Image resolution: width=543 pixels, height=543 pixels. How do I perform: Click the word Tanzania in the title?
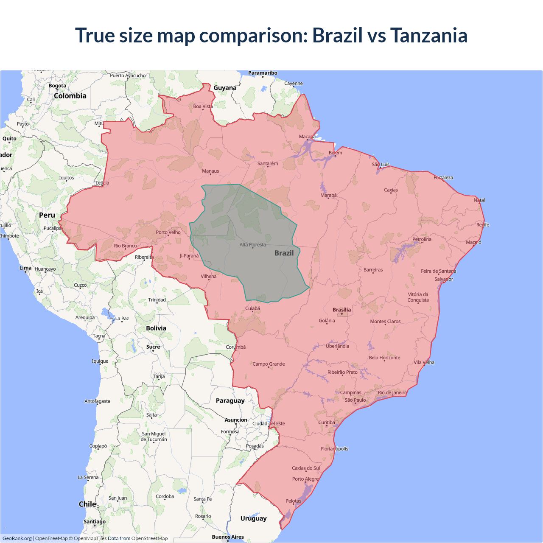428,35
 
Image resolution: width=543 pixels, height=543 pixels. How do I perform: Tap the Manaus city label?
210,171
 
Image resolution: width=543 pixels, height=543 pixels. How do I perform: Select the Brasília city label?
341,310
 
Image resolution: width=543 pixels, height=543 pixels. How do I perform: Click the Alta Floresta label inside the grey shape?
252,245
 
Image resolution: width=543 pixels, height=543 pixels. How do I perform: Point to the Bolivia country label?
156,328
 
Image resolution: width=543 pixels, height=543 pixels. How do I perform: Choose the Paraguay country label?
230,400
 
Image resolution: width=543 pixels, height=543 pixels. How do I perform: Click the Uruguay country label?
253,518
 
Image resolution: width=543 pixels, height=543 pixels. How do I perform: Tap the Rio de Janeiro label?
392,392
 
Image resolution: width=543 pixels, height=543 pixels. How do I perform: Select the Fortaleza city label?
443,177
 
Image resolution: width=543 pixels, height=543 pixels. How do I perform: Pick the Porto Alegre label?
305,479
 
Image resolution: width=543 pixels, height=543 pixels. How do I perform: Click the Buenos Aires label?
228,537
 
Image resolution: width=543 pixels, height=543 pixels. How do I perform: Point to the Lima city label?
25,268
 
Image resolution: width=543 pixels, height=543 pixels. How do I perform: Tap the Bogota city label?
57,86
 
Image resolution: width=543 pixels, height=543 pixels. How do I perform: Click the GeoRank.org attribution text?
17,538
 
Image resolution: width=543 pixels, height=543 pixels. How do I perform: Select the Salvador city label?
443,279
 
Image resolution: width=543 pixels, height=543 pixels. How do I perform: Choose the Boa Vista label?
203,106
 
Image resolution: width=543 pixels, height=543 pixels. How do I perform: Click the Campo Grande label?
269,364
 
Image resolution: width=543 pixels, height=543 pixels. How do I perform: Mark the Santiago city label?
95,521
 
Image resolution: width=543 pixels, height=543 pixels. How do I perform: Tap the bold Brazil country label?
284,253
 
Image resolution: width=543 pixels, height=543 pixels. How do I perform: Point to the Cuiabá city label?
252,308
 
